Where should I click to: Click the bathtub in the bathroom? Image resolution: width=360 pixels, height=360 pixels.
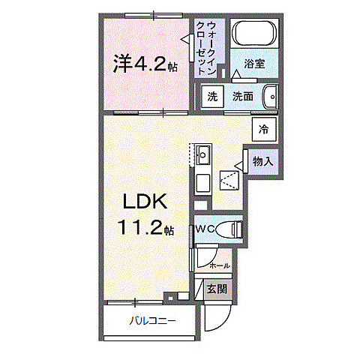point(254,34)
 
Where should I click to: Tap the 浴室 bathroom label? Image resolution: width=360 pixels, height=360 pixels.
point(254,64)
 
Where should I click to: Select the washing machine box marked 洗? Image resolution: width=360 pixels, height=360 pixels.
point(212,97)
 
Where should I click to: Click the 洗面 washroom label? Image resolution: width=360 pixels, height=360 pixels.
point(243,97)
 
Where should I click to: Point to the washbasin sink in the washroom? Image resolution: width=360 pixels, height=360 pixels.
point(271,97)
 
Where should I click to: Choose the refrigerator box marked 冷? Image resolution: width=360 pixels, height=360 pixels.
point(264,130)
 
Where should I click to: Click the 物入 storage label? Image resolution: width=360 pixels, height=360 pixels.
point(262,161)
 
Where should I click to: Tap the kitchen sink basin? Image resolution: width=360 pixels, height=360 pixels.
point(202,155)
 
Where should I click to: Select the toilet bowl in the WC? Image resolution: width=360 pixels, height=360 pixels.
point(229,229)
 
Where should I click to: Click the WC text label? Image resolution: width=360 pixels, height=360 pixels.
point(205,229)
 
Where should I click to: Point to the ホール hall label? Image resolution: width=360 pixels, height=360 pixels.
point(220,265)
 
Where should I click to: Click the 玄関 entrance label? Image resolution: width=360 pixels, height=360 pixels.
point(217,289)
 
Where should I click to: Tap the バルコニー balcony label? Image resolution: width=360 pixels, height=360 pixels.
point(152,321)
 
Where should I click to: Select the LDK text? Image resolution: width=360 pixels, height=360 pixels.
point(145,202)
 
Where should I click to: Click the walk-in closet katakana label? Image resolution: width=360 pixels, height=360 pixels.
point(206,49)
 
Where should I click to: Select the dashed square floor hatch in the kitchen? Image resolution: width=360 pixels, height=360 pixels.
point(229,181)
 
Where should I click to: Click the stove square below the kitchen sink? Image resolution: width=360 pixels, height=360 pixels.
point(202,183)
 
